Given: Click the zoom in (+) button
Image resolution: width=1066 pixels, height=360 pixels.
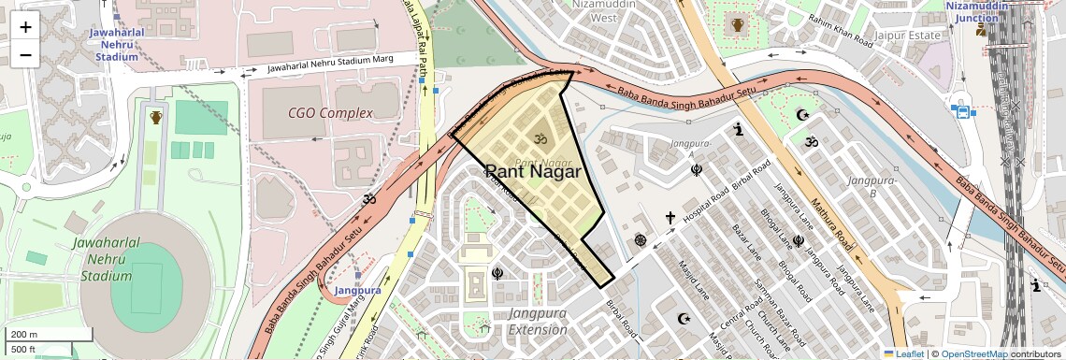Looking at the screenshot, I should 25,27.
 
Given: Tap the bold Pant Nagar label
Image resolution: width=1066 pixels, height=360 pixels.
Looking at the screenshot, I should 533,172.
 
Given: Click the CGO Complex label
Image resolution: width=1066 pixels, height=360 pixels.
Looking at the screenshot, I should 330,113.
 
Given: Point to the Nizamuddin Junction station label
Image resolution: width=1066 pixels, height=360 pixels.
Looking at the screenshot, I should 980,10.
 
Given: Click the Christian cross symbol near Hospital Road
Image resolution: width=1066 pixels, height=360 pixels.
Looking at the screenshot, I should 670,218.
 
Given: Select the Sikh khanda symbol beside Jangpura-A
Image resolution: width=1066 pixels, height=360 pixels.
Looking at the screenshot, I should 696,170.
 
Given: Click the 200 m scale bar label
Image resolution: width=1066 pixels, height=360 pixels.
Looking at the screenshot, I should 25,335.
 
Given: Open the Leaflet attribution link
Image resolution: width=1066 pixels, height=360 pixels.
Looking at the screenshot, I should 906,353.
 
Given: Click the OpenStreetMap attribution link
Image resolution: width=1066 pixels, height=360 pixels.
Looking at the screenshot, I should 974,353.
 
